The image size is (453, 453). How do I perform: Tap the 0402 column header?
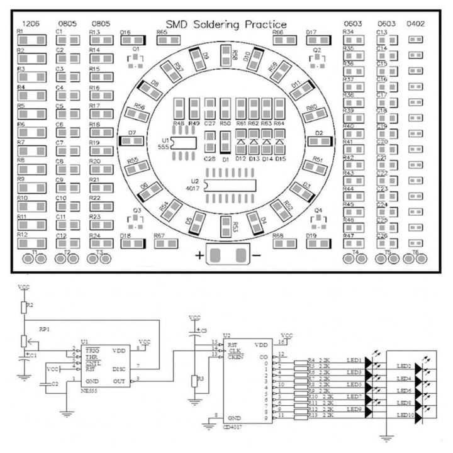[x=415, y=24]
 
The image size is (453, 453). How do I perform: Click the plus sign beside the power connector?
[x=199, y=255]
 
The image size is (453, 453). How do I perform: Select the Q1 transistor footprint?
[x=136, y=61]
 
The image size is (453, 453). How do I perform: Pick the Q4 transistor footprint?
[x=318, y=220]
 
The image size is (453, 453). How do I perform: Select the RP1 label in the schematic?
[x=45, y=328]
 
